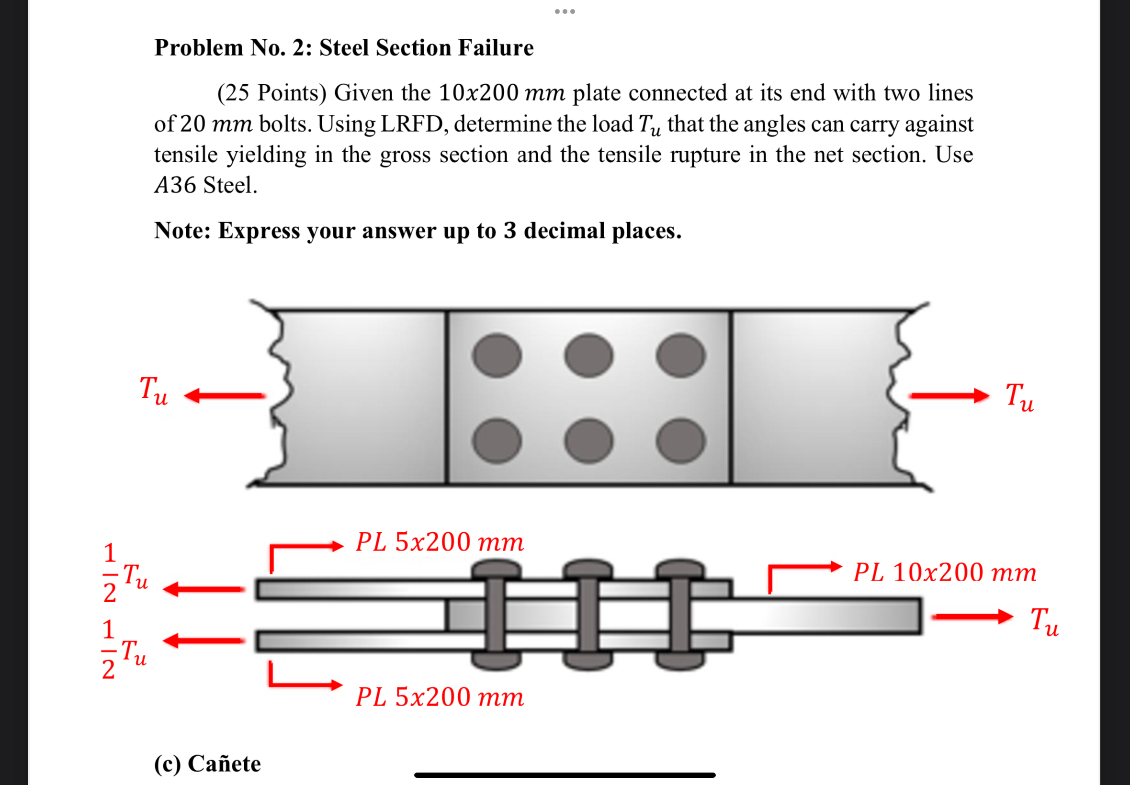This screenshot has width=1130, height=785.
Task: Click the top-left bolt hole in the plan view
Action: point(497,355)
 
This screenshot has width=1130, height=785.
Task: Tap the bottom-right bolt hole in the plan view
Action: point(681,441)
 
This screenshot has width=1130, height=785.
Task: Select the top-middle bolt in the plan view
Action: point(589,355)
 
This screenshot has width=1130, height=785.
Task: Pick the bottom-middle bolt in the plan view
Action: point(589,441)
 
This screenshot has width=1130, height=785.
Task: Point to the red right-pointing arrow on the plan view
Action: point(949,395)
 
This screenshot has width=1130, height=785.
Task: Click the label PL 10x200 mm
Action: point(945,572)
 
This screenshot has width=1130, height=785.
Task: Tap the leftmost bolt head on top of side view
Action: point(496,569)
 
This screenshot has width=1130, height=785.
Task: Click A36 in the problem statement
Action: point(176,185)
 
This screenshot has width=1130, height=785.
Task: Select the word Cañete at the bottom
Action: point(225,763)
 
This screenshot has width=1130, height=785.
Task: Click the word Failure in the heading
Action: point(496,48)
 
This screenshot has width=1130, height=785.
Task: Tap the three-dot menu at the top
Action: point(565,11)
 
